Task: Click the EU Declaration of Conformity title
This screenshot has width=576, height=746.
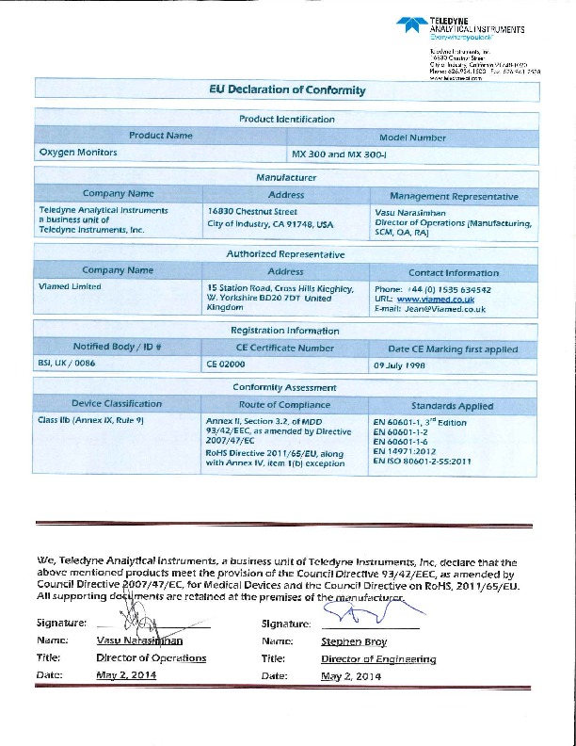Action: click(x=287, y=90)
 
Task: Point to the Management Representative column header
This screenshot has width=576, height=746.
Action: click(x=454, y=196)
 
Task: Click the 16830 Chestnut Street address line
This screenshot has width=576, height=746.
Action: click(x=251, y=212)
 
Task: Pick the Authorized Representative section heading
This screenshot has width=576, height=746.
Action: click(x=286, y=254)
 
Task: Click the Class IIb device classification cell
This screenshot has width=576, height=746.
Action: click(x=89, y=419)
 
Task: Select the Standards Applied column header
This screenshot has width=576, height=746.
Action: click(x=452, y=406)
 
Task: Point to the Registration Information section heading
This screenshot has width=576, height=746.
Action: click(x=286, y=331)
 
